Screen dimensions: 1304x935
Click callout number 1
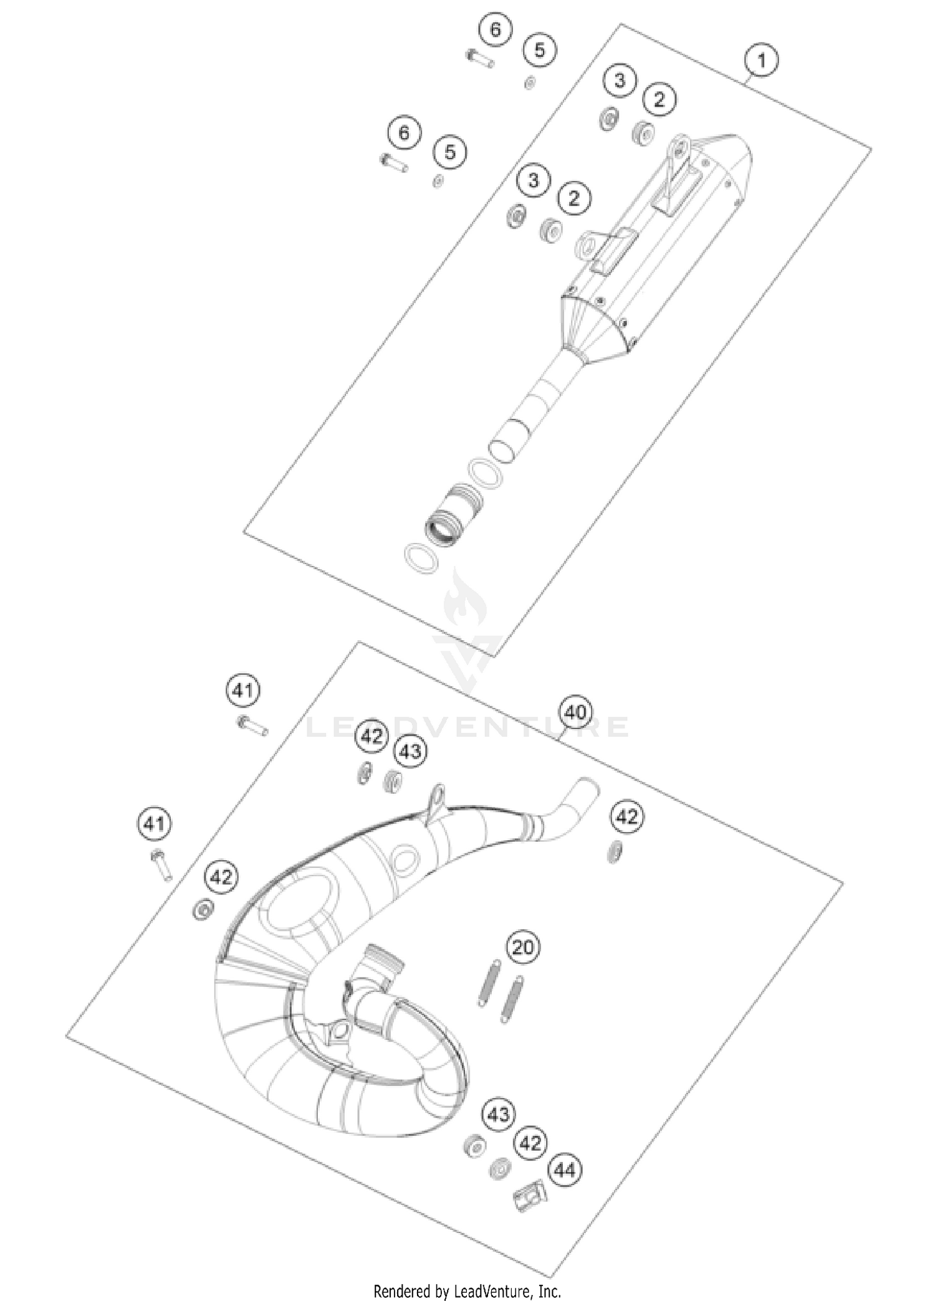click(x=760, y=61)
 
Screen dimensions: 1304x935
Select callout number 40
click(x=575, y=712)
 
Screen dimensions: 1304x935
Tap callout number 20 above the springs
click(x=522, y=947)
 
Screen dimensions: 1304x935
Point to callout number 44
click(x=564, y=1170)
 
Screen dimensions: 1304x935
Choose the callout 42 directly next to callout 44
click(x=530, y=1143)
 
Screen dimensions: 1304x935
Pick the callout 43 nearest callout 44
click(x=498, y=1115)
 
